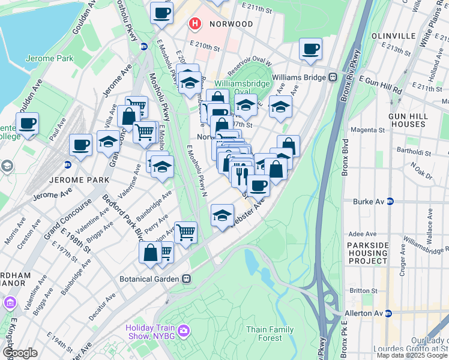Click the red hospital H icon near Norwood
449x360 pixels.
pos(194,24)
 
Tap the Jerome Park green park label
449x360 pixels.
pos(48,59)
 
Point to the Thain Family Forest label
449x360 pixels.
pos(270,334)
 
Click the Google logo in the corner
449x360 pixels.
pos(20,353)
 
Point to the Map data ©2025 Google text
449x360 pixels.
pos(412,355)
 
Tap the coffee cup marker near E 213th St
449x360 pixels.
pos(310,49)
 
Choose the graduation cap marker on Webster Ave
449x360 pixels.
pos(222,215)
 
